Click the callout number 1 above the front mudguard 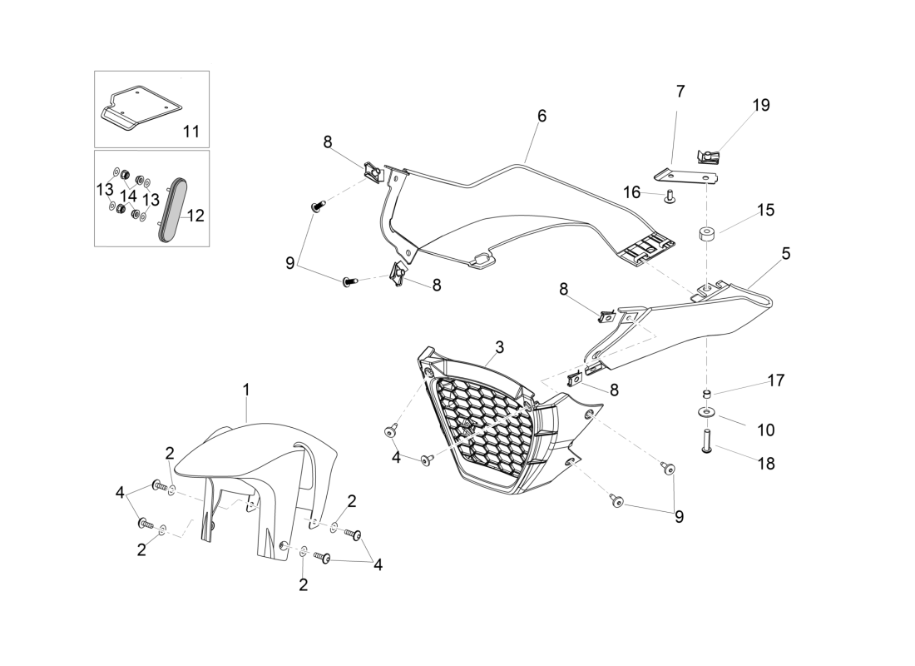246,389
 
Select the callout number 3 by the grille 500,347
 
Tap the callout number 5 786,254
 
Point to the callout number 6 542,116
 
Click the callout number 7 680,91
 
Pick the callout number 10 765,430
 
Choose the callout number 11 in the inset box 191,132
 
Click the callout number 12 195,216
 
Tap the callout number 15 765,210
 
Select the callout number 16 632,191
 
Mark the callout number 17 776,380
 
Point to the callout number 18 766,463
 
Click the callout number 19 761,105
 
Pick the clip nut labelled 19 709,157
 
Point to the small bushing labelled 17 707,394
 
